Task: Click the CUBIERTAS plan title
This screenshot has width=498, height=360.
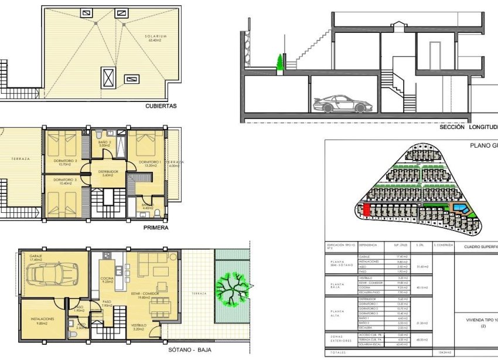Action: coord(161,107)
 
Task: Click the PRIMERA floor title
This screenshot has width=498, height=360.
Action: coord(156,227)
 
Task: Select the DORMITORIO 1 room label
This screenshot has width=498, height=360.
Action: coord(150,162)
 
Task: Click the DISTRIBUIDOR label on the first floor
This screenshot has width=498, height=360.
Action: coord(107,172)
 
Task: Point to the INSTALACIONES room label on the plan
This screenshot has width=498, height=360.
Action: coord(43,319)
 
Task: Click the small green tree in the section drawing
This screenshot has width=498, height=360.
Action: coord(280,62)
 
